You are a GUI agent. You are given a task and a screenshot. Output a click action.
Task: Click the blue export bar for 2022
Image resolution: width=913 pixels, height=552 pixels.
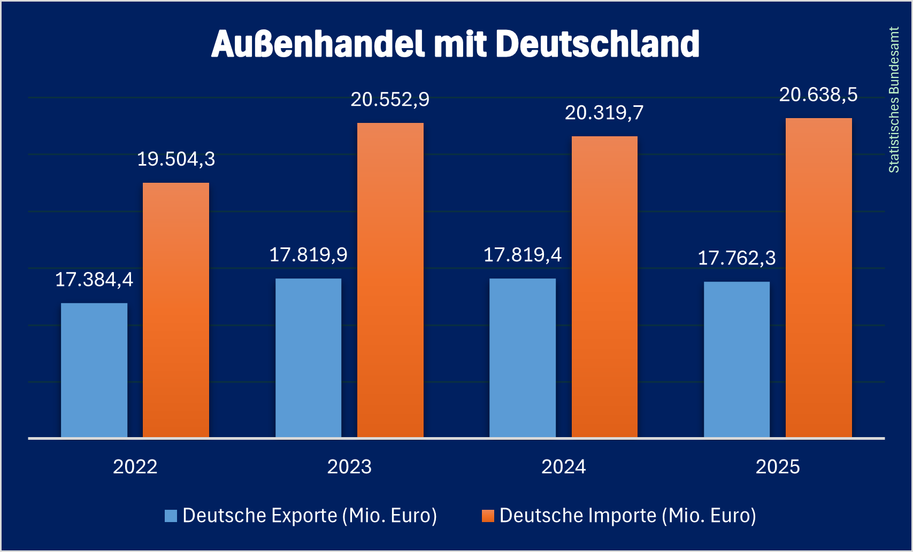pos(94,370)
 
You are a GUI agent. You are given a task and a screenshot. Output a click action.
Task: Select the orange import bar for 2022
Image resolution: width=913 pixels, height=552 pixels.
pos(176,310)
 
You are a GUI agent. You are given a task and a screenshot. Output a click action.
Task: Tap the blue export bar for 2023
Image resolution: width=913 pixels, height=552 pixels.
pos(308,357)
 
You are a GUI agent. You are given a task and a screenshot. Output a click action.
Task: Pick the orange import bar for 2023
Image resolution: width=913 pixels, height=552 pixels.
pos(390,280)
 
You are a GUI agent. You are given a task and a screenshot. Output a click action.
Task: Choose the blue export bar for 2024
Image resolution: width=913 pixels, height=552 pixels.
pos(523,357)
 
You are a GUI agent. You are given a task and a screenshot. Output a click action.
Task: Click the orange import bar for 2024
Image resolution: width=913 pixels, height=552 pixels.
pos(604,286)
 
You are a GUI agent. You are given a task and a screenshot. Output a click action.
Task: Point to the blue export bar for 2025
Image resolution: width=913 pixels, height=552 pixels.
pos(736,359)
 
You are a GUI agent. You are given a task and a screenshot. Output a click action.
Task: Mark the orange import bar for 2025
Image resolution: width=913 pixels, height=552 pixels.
pos(818,277)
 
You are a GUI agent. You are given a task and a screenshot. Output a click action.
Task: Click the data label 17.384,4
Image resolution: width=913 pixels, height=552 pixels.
pos(94,279)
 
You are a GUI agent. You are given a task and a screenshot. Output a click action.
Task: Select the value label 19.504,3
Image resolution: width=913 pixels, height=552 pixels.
pos(176,159)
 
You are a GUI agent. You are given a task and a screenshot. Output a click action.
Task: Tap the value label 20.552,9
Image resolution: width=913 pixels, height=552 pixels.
pos(390,100)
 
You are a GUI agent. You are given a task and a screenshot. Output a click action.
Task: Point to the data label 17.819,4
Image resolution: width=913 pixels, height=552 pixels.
pos(523,255)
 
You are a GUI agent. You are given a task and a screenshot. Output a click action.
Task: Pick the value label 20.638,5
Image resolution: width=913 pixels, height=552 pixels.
pos(818,95)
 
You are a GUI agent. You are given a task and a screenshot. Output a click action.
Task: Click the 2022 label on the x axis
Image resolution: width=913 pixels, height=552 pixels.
pos(135,467)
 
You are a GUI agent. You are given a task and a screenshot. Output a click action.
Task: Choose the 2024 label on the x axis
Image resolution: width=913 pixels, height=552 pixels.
pos(564,467)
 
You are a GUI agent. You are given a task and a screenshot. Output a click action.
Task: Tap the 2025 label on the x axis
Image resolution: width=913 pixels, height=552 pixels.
pos(778,467)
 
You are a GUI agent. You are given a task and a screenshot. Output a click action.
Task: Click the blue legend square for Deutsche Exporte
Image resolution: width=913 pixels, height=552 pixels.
pos(171,516)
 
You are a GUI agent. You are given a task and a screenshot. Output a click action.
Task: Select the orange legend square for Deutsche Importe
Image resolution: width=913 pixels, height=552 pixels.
pos(488,516)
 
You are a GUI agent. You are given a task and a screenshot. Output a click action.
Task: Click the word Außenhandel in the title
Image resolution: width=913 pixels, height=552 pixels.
pos(318,44)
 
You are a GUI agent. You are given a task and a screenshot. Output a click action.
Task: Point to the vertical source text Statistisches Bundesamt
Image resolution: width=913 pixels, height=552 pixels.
pos(894,100)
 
